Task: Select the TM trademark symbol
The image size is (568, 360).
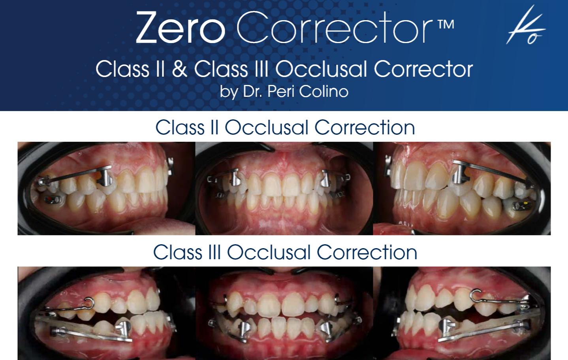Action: (x=446, y=25)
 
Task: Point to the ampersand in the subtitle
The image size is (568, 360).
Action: (x=179, y=69)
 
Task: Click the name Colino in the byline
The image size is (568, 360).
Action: (x=323, y=92)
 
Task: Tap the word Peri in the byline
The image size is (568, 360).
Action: (x=281, y=92)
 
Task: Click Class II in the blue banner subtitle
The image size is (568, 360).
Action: (x=130, y=69)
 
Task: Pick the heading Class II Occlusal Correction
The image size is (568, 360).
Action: (x=285, y=128)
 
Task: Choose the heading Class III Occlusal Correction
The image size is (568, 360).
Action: (x=285, y=253)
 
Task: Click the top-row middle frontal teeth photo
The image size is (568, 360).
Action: (x=284, y=188)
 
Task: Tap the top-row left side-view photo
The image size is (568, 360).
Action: (x=106, y=188)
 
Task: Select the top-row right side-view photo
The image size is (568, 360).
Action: (x=462, y=188)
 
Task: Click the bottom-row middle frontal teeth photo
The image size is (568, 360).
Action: (x=284, y=313)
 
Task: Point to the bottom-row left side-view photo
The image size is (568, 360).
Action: (x=106, y=313)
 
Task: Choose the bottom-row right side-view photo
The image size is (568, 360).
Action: (x=462, y=313)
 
